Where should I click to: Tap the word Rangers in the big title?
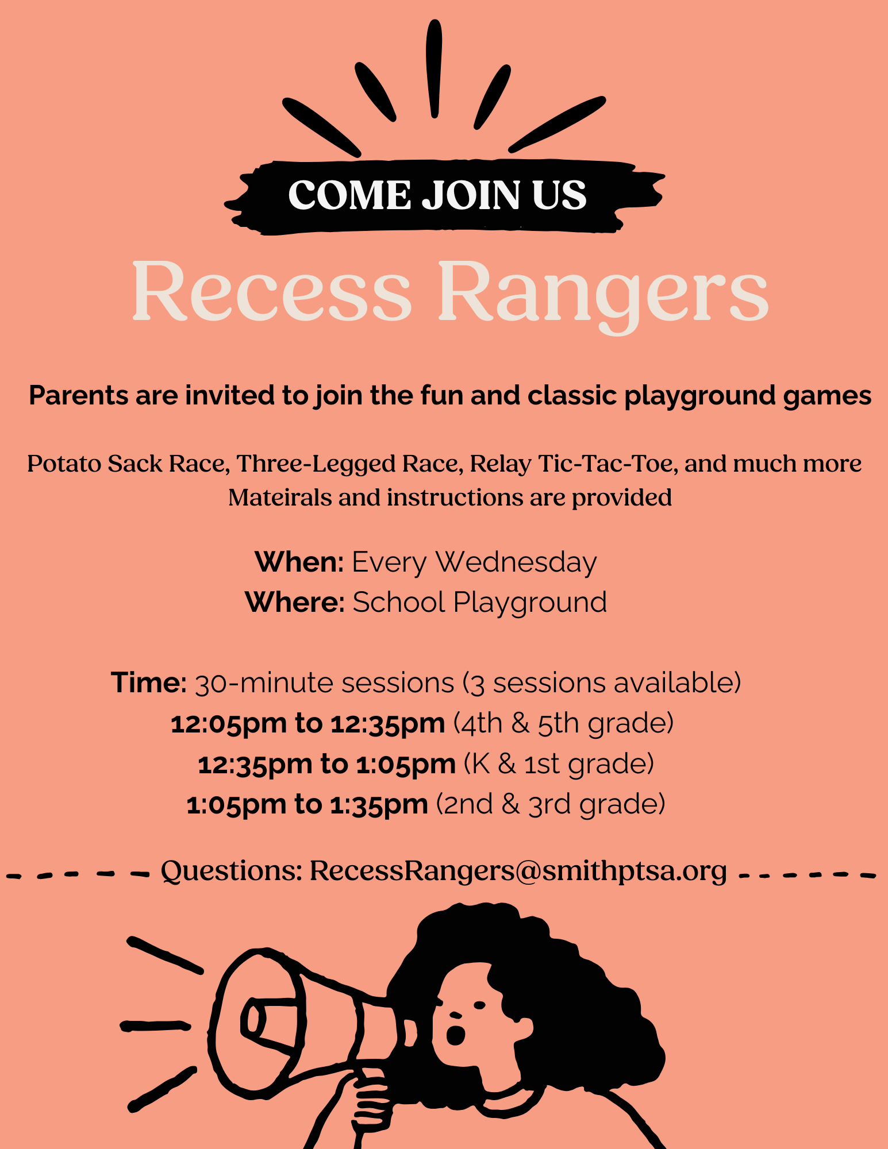click(603, 293)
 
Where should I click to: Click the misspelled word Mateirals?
click(280, 498)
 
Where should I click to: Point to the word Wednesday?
click(517, 563)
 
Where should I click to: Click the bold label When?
click(299, 562)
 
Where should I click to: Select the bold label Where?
click(295, 602)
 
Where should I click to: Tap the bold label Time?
click(149, 683)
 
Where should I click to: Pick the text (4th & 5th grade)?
click(563, 723)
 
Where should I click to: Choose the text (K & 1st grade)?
click(559, 764)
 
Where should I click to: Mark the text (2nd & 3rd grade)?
click(551, 804)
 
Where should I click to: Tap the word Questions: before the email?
click(232, 872)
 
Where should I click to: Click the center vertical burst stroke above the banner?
click(434, 69)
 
